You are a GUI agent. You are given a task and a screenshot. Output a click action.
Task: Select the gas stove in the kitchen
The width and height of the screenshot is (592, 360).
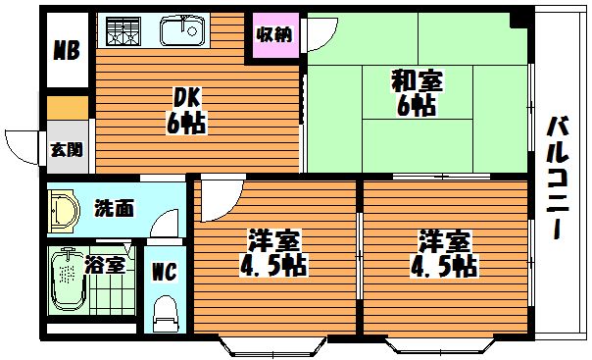click(123, 31)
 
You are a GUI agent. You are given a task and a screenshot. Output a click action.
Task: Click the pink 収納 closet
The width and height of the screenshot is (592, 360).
click(274, 35)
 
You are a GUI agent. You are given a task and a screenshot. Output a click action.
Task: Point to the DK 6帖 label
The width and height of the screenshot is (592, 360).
click(186, 111)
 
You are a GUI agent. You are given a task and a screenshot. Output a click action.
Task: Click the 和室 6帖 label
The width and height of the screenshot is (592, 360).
click(417, 92)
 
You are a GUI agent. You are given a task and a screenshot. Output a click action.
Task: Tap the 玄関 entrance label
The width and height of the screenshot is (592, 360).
click(67, 150)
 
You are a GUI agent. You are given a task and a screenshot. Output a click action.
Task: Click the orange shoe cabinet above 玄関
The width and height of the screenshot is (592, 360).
click(68, 108)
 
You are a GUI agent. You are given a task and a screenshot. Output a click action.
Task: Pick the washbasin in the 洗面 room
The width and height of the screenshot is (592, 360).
click(64, 211)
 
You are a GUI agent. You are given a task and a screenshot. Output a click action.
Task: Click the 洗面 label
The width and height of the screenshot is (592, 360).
click(114, 208)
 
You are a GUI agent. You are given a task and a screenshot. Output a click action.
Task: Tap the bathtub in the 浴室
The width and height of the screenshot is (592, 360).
click(69, 280)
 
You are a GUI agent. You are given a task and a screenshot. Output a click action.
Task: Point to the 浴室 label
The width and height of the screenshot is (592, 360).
click(105, 265)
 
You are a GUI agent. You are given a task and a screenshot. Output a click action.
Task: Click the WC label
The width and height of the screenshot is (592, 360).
click(165, 272)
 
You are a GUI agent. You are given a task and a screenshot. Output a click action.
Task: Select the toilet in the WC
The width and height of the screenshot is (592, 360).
click(165, 314)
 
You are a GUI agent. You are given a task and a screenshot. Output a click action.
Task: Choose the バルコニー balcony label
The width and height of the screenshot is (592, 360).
click(558, 178)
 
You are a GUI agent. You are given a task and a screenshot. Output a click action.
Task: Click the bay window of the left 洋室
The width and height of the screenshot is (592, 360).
click(272, 346)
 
